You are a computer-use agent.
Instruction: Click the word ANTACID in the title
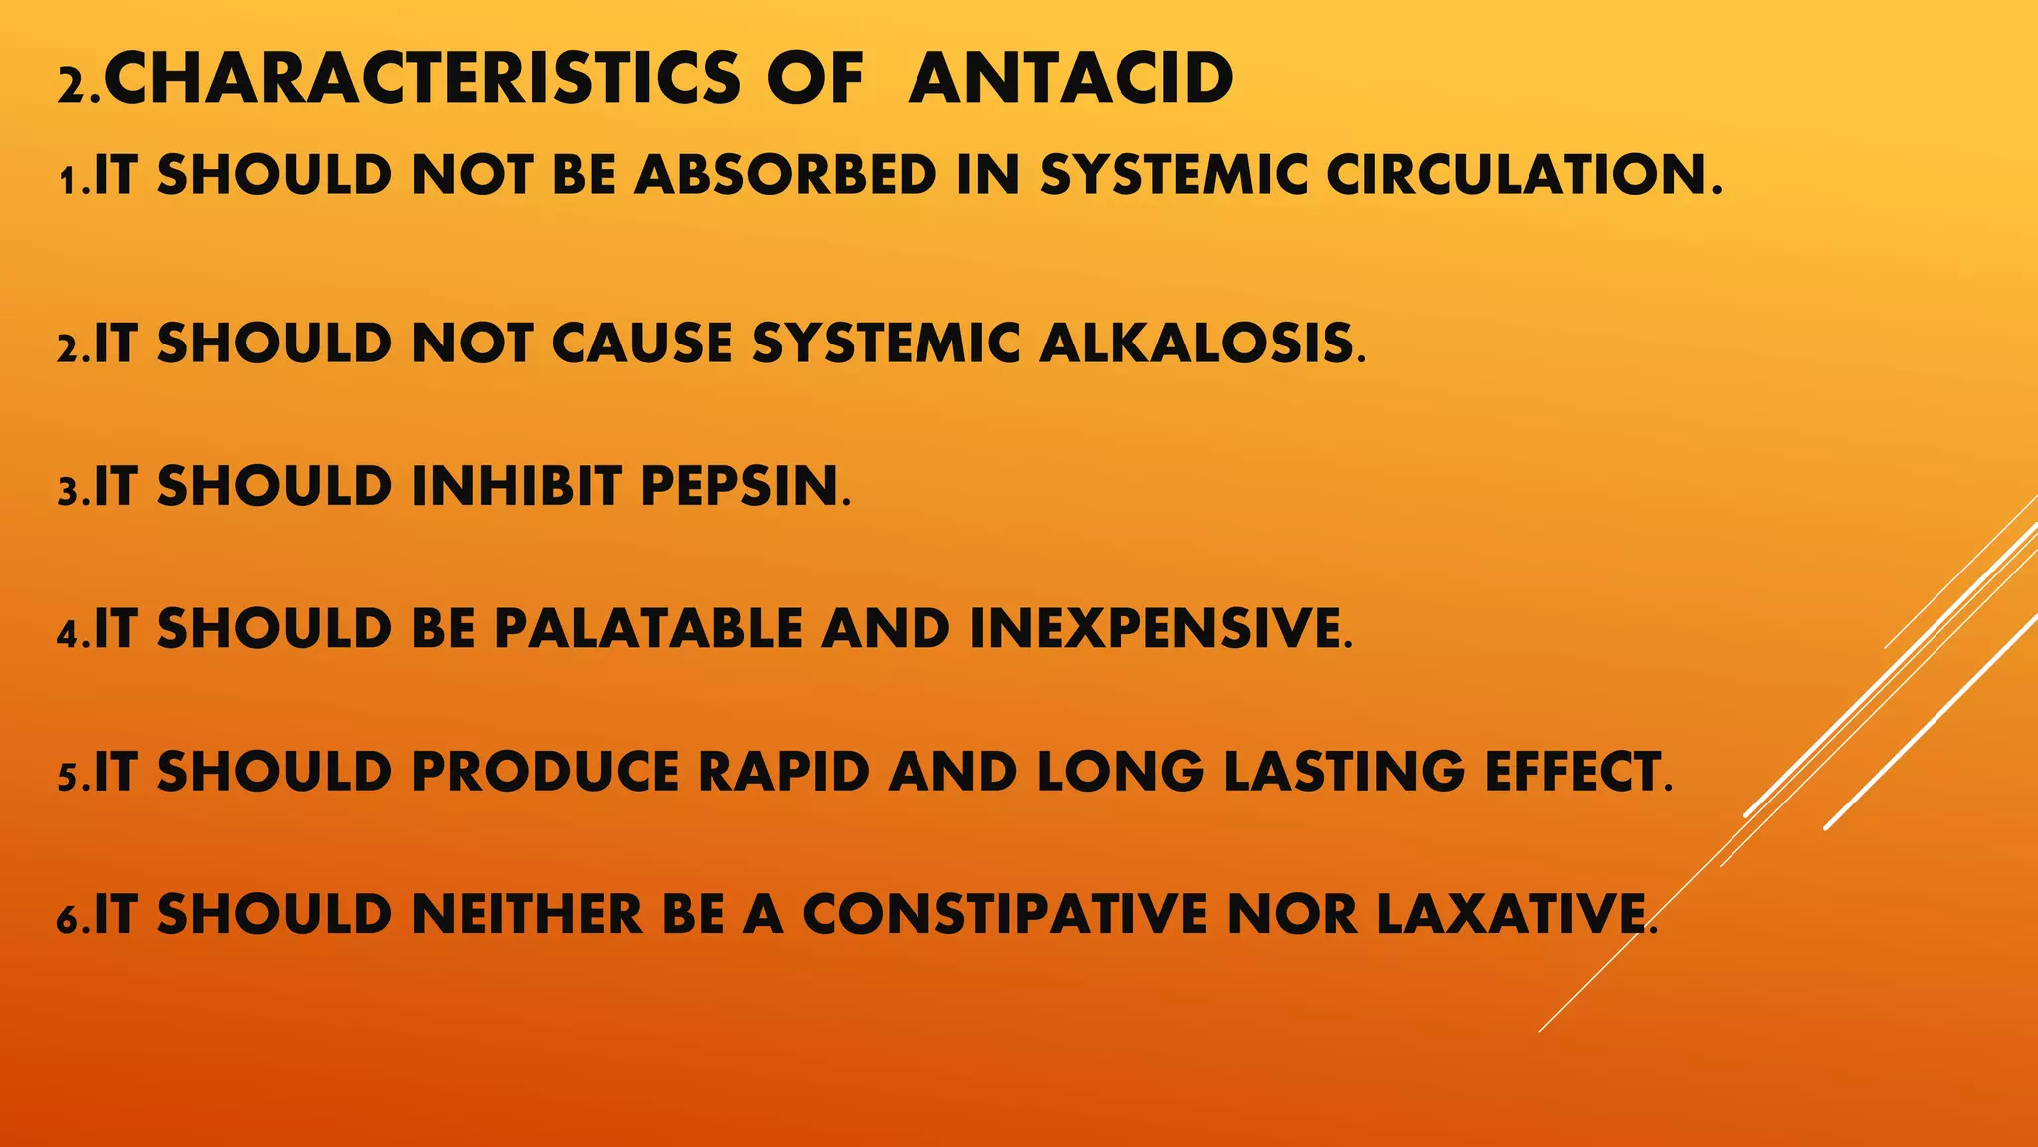(1070, 79)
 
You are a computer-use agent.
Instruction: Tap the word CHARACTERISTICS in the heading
(423, 79)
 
